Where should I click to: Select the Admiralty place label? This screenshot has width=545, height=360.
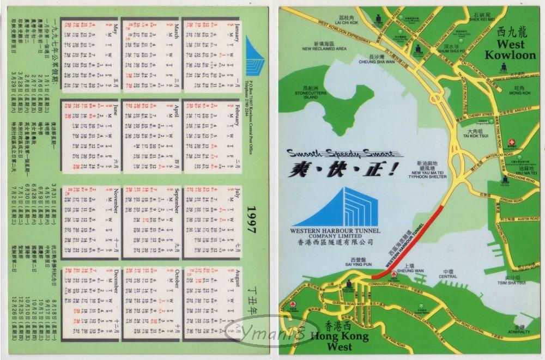tap(522, 331)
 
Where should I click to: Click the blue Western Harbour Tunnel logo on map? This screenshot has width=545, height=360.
tap(347, 208)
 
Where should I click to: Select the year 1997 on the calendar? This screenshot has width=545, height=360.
tap(252, 220)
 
